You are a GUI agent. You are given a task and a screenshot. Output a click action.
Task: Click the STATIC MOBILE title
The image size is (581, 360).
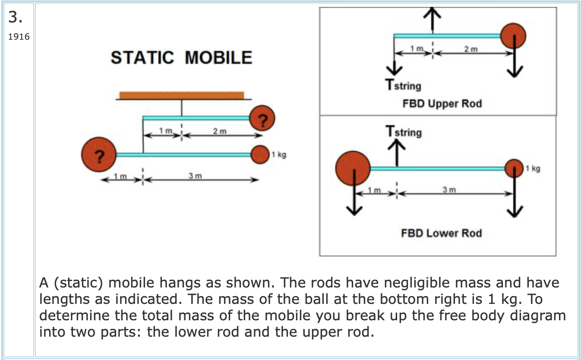(181, 57)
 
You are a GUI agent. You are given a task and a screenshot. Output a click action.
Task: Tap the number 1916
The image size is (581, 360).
(19, 37)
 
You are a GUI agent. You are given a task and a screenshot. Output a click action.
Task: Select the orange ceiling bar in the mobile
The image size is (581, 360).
(181, 95)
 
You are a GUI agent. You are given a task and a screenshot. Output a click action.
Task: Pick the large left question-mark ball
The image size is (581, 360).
(99, 154)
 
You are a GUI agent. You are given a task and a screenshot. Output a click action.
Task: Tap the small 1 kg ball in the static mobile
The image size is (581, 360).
(260, 154)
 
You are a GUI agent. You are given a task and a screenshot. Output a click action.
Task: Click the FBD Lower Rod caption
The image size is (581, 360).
(441, 234)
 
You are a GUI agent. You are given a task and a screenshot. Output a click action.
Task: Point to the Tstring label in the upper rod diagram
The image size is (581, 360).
(403, 85)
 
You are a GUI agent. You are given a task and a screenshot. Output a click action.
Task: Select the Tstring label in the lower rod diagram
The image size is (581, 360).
(404, 131)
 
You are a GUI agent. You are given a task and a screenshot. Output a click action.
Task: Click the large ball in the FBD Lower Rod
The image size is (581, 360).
(353, 168)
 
